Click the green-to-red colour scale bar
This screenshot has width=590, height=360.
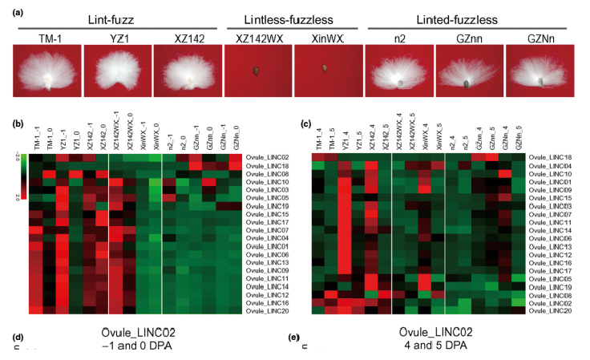[x=22, y=175]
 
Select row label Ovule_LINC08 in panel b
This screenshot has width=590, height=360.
[x=268, y=174]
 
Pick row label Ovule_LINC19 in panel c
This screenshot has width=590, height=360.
[x=552, y=286]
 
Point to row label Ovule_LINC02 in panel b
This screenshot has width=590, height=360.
[x=268, y=158]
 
